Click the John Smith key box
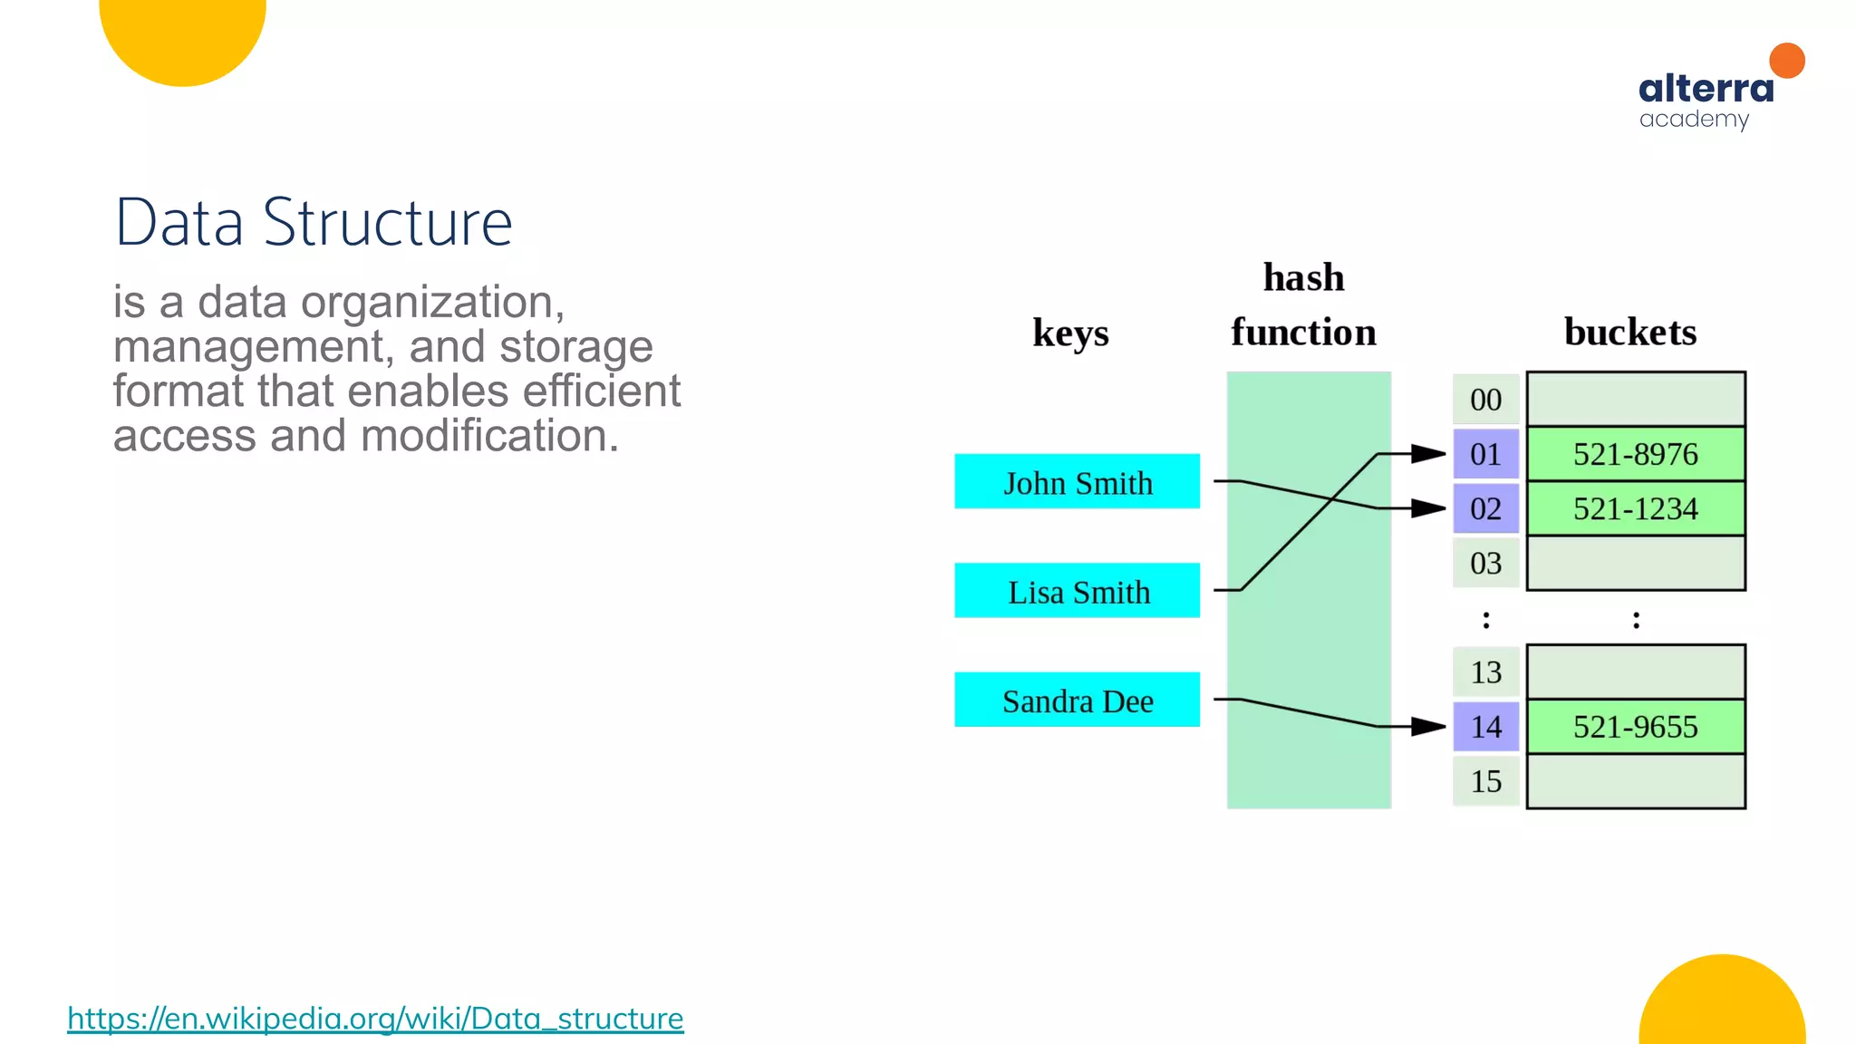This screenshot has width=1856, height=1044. click(x=1077, y=481)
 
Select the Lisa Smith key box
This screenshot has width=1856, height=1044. click(x=1077, y=590)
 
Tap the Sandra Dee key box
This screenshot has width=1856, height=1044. click(x=1077, y=700)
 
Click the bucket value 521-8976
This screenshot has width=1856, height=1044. click(x=1635, y=453)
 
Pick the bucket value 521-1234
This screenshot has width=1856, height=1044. click(x=1635, y=508)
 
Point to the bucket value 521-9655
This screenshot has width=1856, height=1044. click(x=1635, y=727)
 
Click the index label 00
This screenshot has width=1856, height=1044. click(x=1485, y=400)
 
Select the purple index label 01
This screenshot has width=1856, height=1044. click(x=1485, y=454)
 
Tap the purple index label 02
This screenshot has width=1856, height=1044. click(x=1485, y=508)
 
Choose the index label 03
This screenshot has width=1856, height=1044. click(x=1485, y=563)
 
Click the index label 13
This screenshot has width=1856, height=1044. click(x=1485, y=672)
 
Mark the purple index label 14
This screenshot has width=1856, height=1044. click(x=1485, y=727)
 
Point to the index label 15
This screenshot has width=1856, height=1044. click(x=1485, y=781)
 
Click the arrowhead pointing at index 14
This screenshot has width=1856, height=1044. click(x=1429, y=726)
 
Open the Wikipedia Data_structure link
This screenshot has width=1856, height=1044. click(x=375, y=1019)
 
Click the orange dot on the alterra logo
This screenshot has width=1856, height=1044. click(x=1786, y=61)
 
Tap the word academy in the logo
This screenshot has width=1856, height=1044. click(x=1693, y=120)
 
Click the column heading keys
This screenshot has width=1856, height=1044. click(x=1070, y=333)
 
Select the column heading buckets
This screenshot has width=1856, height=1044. click(x=1629, y=332)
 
